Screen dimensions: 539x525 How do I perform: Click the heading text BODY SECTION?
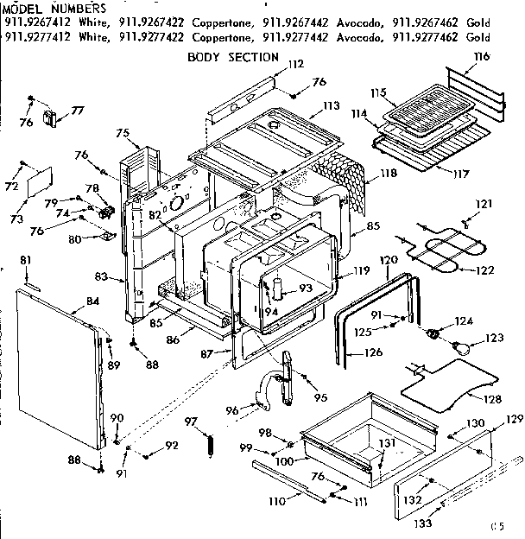pyautogui.click(x=233, y=57)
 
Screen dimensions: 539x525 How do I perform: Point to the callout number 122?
pyautogui.click(x=486, y=270)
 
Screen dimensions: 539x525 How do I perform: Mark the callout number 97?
pyautogui.click(x=192, y=421)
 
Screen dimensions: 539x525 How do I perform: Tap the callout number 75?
pyautogui.click(x=122, y=132)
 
